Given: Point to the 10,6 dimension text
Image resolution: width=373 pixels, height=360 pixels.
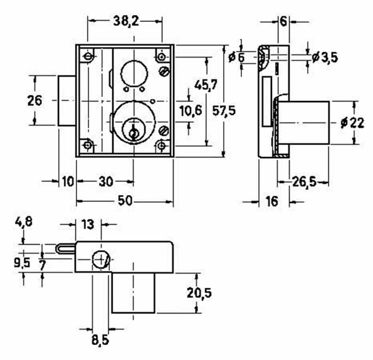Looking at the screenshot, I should click(190, 110).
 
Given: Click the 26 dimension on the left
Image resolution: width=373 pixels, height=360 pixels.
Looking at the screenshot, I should click(35, 100).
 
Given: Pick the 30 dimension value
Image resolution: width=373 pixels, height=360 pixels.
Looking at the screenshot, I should click(105, 181).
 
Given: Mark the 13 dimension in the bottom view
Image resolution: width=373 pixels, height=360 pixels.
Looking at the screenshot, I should click(87, 224).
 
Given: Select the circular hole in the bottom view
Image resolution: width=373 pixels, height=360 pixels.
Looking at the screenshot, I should click(100, 258).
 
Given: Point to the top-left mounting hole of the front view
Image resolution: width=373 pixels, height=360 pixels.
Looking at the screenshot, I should click(88, 57).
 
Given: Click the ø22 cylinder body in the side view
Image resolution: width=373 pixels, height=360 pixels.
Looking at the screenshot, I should click(304, 123).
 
